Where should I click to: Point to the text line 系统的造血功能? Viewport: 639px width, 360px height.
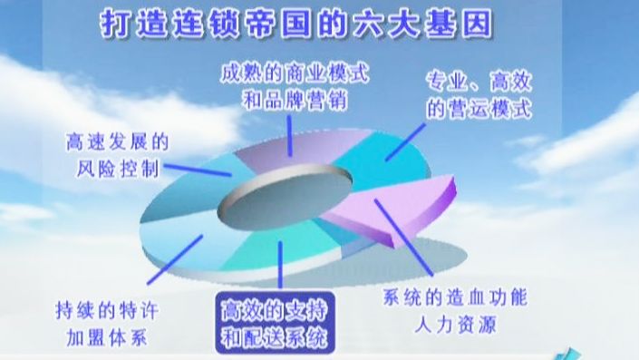(455, 297)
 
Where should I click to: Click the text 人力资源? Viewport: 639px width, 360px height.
(455, 322)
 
